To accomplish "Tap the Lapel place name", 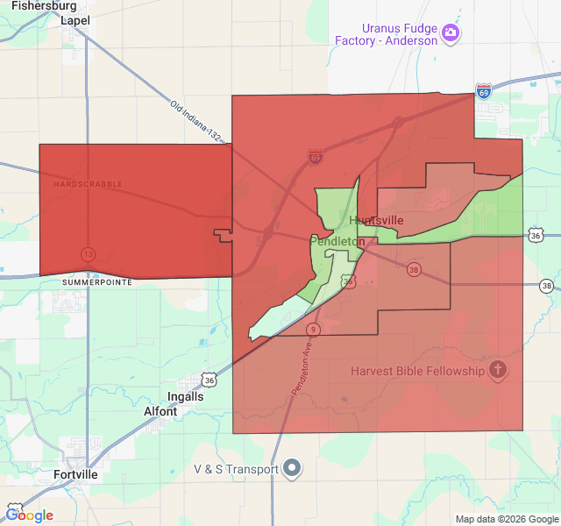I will coord(75,20).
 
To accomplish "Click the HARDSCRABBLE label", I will coord(88,184).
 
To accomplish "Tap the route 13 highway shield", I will coord(88,253).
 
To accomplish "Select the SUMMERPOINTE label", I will coord(97,283).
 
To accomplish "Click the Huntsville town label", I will coord(377,220).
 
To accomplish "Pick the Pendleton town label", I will coord(337,240).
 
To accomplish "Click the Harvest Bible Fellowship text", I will coord(417,371).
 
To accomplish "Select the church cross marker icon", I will coord(498,370).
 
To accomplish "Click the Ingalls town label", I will coord(185,396).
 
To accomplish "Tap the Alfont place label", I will coord(160,410).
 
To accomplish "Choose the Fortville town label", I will coord(74,474).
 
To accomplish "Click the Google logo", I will coord(29,515).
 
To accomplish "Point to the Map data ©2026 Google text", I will coord(507,519).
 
